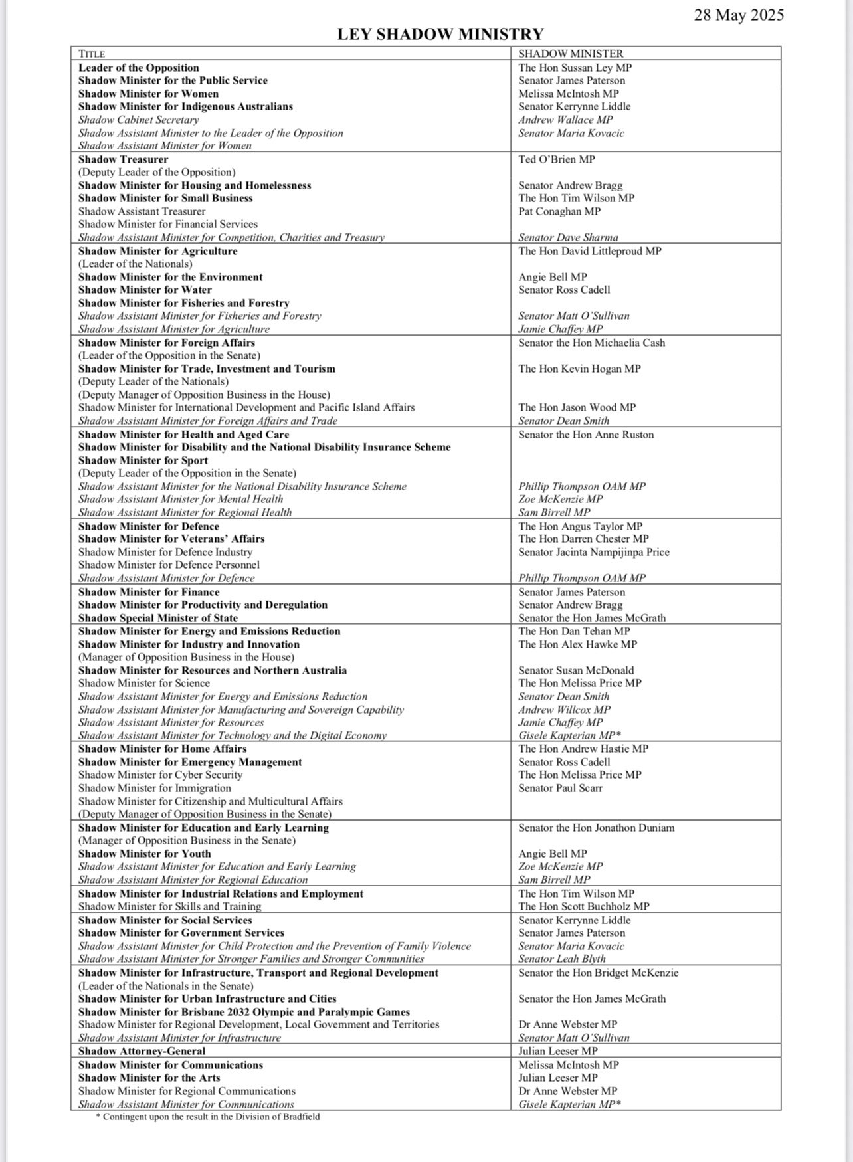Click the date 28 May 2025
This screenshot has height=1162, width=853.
(x=739, y=15)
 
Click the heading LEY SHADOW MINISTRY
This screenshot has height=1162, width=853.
(x=440, y=34)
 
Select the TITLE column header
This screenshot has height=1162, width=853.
(x=92, y=54)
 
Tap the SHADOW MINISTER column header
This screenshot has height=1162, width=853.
(x=571, y=54)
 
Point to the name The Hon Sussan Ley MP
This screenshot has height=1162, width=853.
(x=575, y=68)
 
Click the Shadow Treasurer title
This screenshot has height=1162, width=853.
(x=123, y=159)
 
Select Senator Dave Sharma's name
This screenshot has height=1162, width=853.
(x=568, y=237)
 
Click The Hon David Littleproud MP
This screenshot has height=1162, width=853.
(x=589, y=251)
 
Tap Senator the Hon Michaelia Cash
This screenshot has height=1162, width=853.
(x=591, y=343)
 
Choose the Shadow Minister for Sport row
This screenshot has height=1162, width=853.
(x=143, y=460)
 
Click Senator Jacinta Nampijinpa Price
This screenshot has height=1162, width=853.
(x=594, y=552)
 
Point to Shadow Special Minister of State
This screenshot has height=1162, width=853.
(x=157, y=618)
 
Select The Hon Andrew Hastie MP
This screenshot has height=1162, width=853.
(x=583, y=749)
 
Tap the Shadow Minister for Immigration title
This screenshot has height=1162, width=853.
(x=154, y=788)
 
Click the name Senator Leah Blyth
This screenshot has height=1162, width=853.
(x=561, y=959)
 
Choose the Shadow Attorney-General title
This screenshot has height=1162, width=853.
(x=142, y=1051)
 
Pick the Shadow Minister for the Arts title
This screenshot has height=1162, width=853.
(x=149, y=1078)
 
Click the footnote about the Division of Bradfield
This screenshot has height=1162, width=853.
(x=208, y=1117)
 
